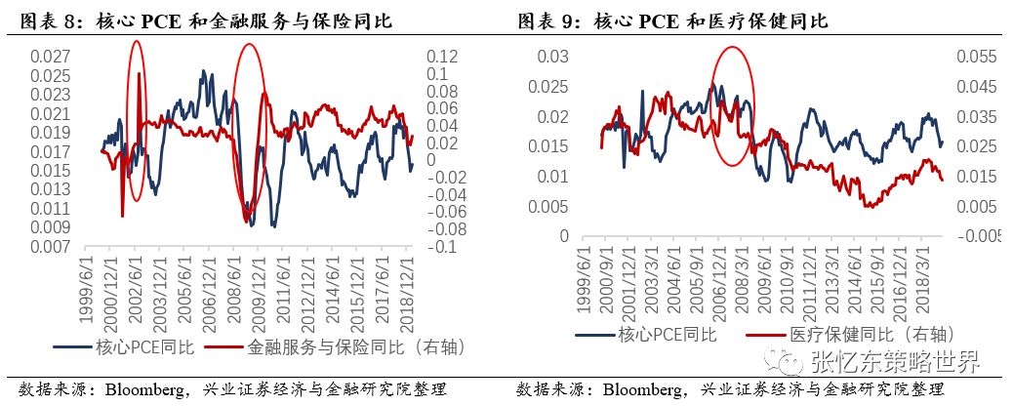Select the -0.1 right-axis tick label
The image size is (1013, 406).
(x=441, y=248)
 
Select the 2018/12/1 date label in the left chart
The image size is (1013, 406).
(x=407, y=285)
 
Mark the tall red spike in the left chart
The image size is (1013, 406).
(x=140, y=88)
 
